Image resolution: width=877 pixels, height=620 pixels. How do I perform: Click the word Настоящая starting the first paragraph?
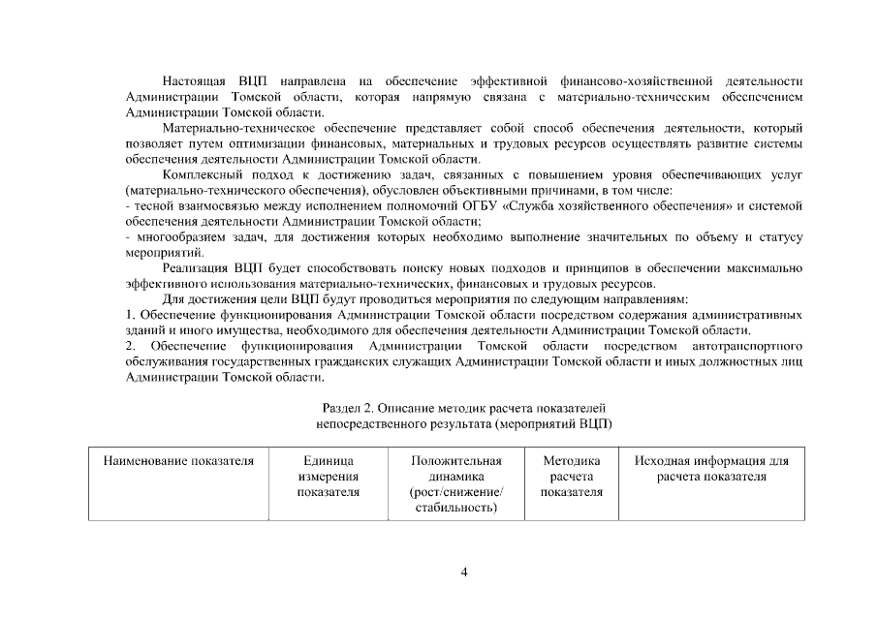click(x=193, y=78)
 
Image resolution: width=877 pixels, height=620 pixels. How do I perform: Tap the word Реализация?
click(x=196, y=268)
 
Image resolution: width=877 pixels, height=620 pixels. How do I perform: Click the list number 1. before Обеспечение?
click(x=131, y=316)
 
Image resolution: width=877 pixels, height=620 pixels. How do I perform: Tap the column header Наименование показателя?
click(x=178, y=461)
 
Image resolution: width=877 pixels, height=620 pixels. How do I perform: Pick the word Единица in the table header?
click(x=329, y=461)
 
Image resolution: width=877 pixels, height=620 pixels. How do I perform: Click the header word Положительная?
click(x=455, y=461)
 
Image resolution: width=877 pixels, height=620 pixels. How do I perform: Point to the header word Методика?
click(x=571, y=461)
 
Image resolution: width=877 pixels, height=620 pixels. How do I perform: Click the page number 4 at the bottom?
click(x=464, y=572)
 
